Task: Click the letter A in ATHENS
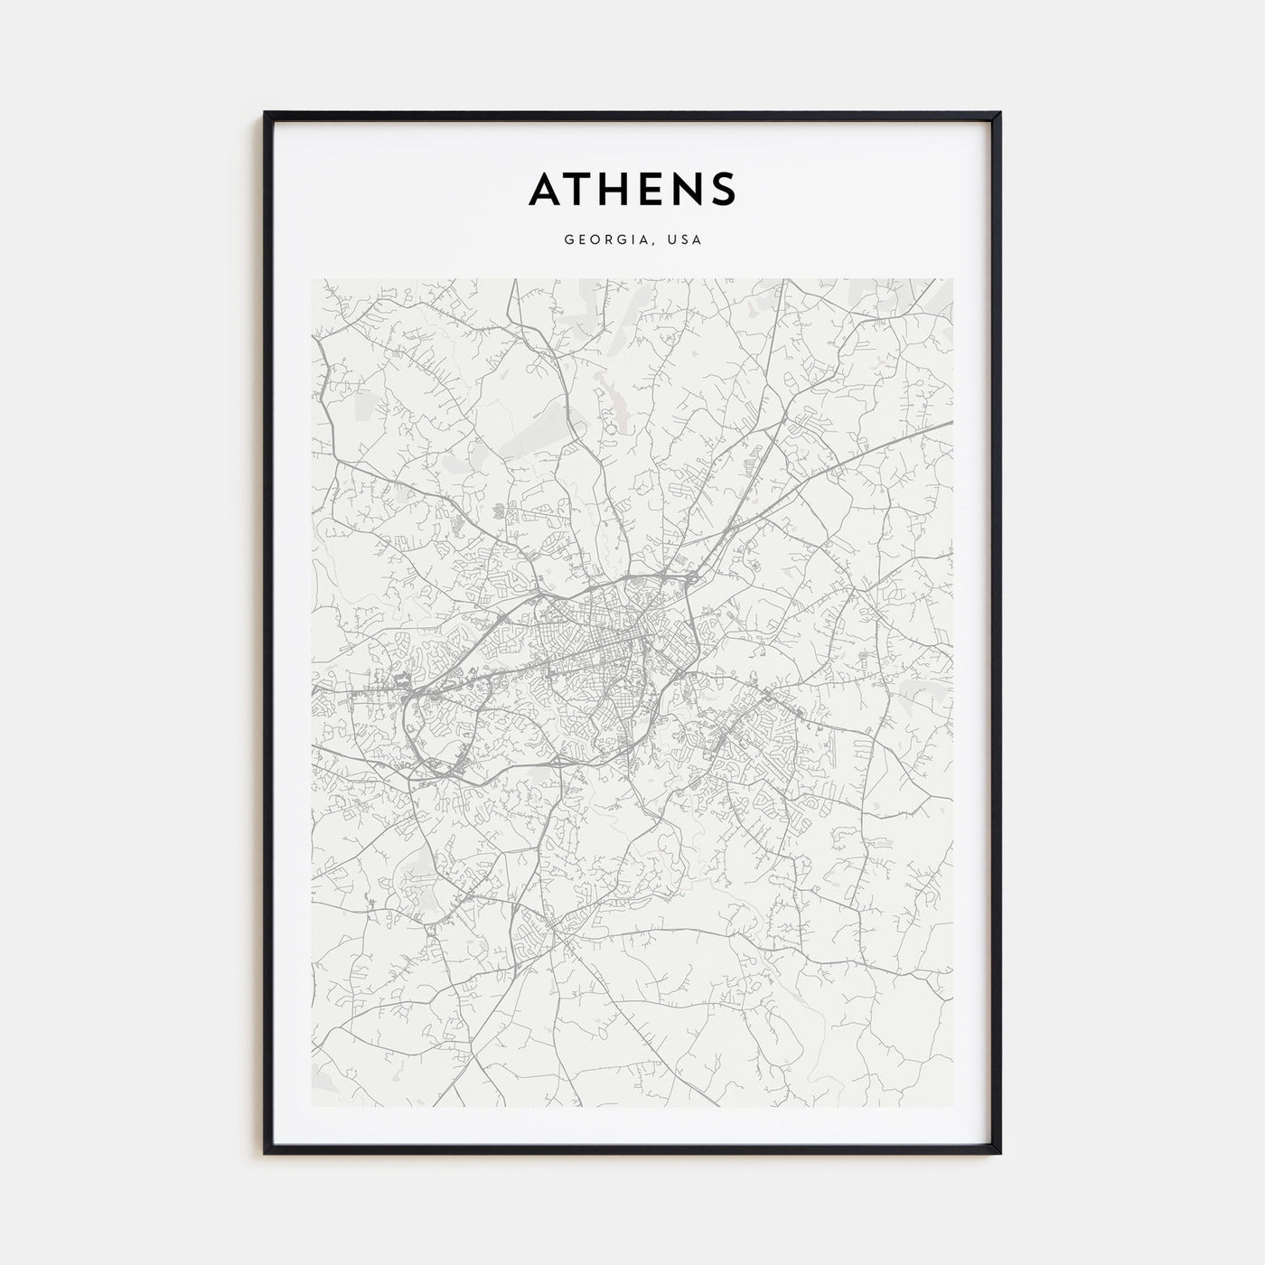[x=547, y=188]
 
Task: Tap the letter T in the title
[x=583, y=188]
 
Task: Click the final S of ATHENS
[x=724, y=188]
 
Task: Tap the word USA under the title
[x=684, y=240]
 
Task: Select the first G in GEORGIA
[x=568, y=240]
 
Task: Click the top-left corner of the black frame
[x=265, y=113]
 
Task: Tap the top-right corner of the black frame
[x=1000, y=113]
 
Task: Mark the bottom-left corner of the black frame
[x=265, y=1155]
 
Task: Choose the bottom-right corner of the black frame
[x=1000, y=1155]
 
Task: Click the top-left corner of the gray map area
[x=312, y=279]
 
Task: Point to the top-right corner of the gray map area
[x=952, y=279]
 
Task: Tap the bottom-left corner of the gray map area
[x=312, y=1107]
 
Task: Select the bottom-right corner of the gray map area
[x=952, y=1107]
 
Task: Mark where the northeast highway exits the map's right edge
[x=951, y=422]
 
